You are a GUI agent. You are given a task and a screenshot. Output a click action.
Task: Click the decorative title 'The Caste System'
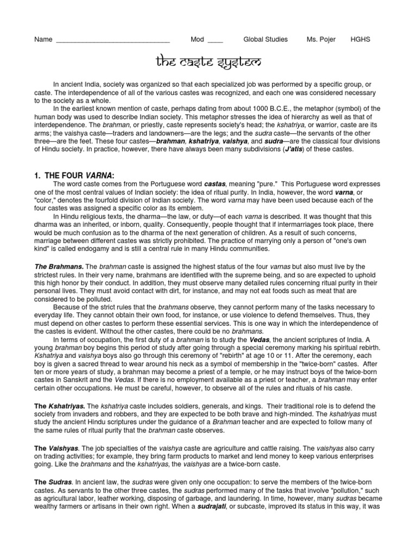(208, 63)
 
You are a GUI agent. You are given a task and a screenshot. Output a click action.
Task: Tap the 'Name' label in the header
(43, 40)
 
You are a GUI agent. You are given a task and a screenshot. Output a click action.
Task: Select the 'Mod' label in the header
(197, 40)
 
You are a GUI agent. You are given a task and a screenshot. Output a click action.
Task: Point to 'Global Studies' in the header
(266, 40)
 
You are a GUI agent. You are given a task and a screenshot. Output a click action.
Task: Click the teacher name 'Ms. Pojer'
(321, 40)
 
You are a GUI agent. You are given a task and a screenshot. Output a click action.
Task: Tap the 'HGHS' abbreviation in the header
(361, 40)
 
